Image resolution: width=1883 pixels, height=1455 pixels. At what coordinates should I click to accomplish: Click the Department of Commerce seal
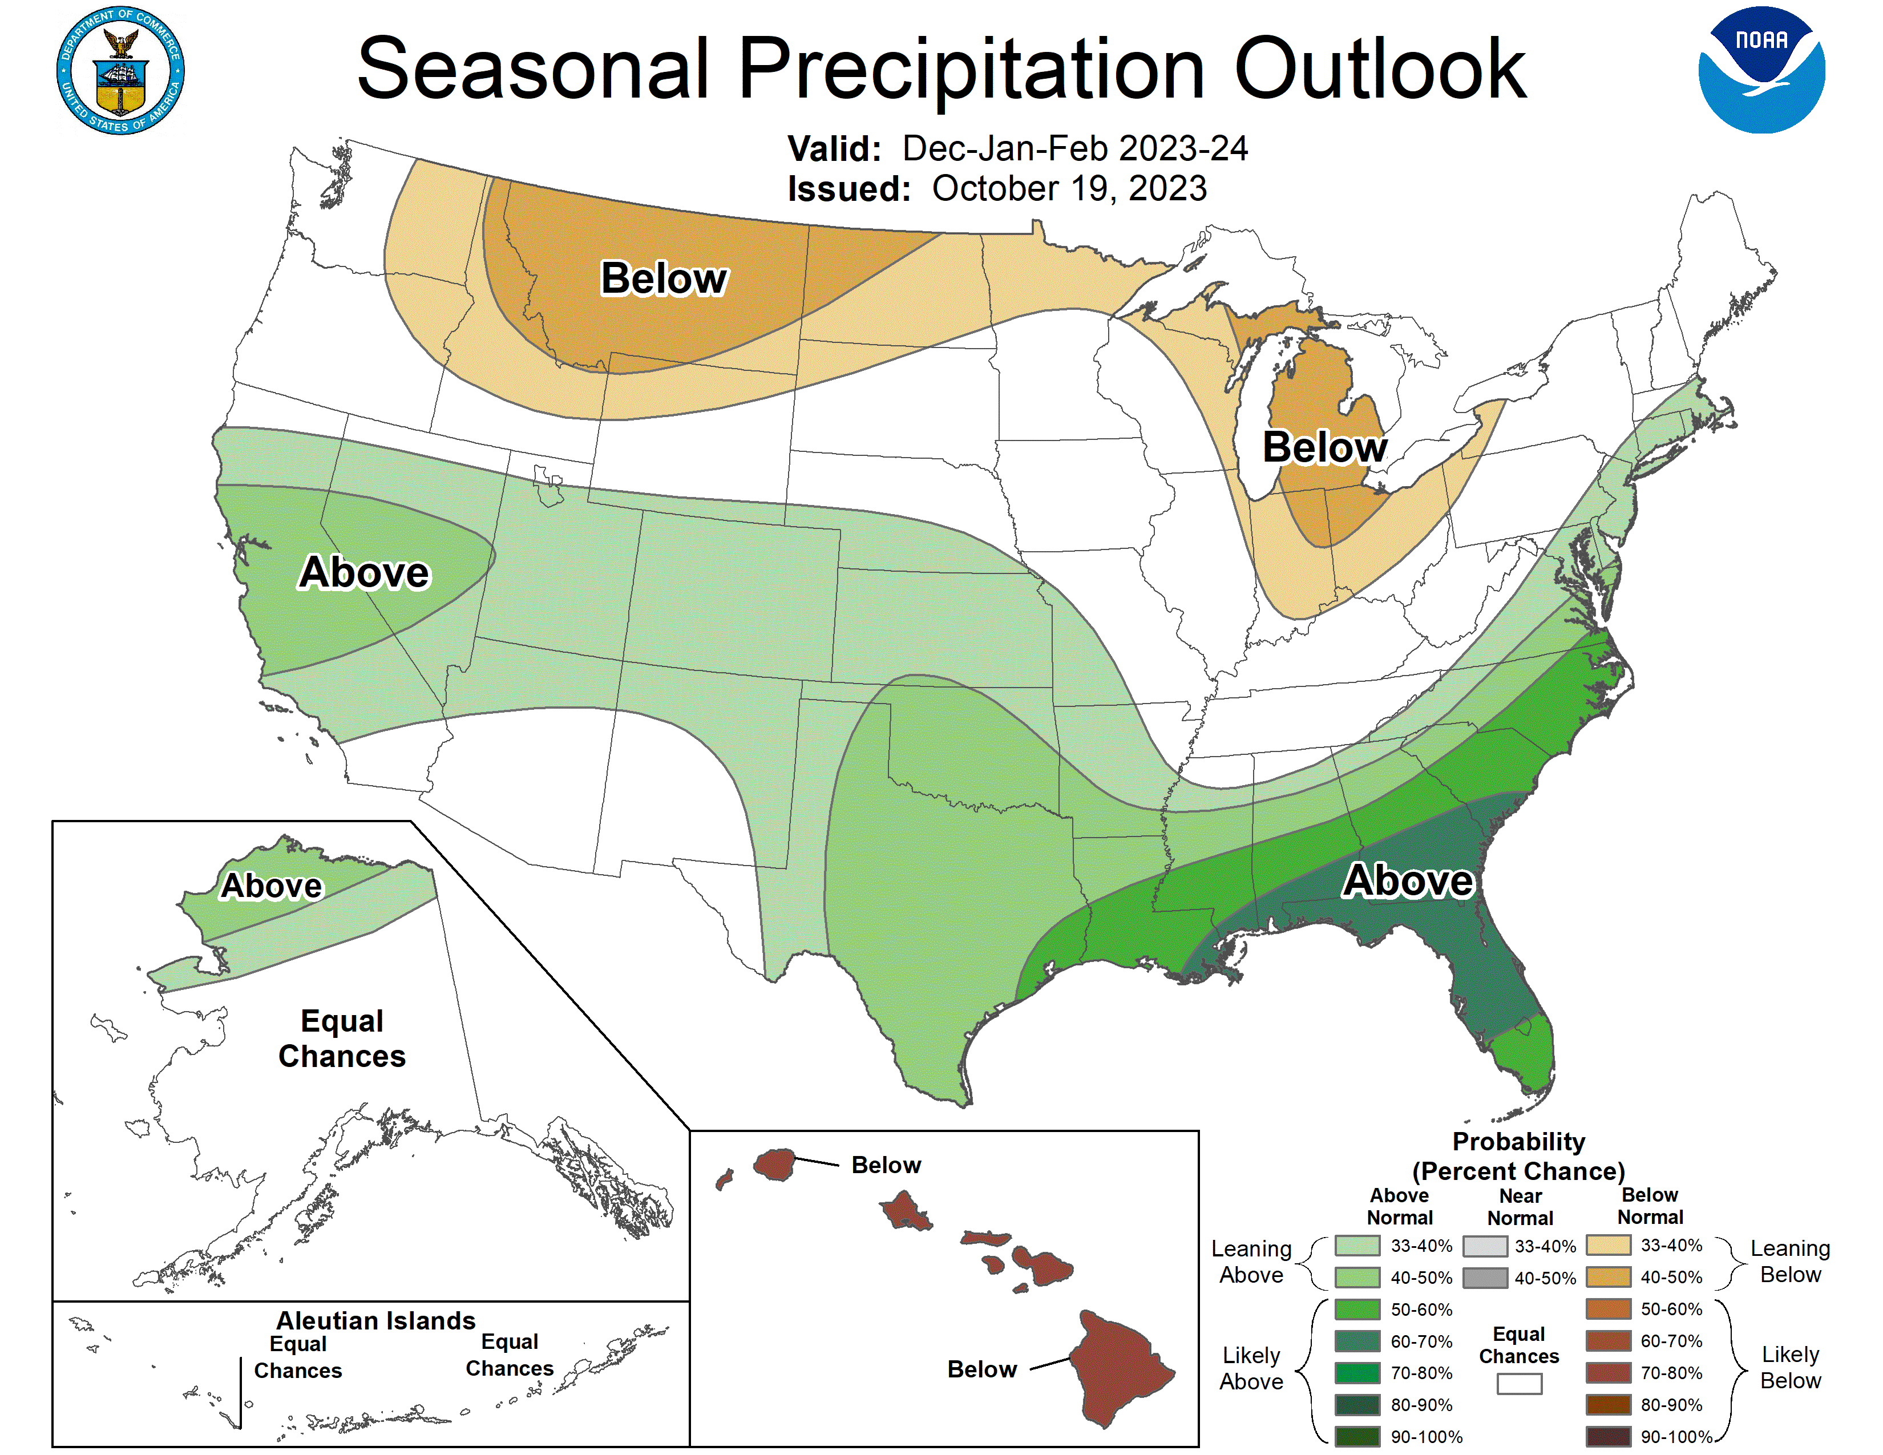(121, 71)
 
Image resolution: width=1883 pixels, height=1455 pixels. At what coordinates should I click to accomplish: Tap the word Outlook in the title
(1380, 69)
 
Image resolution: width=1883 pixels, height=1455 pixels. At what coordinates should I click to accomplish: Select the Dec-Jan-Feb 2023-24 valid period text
(1074, 148)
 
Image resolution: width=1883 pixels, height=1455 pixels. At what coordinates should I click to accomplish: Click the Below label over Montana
(663, 278)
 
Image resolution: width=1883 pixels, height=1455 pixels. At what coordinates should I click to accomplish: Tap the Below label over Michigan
(1324, 447)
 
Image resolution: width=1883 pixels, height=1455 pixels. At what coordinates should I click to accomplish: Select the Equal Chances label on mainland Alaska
(341, 1038)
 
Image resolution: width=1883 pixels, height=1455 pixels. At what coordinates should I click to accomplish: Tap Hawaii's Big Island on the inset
(1121, 1366)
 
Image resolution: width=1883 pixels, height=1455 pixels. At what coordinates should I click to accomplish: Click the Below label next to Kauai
(886, 1165)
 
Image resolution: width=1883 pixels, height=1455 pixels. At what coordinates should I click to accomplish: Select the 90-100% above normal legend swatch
(1357, 1436)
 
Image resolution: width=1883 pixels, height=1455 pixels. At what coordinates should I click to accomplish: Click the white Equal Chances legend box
(1519, 1384)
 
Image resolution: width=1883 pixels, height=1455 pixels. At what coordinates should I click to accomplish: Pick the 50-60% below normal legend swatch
(1608, 1308)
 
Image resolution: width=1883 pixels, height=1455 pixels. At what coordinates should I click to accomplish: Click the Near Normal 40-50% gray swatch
(1485, 1278)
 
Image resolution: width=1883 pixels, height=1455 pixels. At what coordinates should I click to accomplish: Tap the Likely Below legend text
(1790, 1367)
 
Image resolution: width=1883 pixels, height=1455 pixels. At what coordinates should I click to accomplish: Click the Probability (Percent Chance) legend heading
(1518, 1156)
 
